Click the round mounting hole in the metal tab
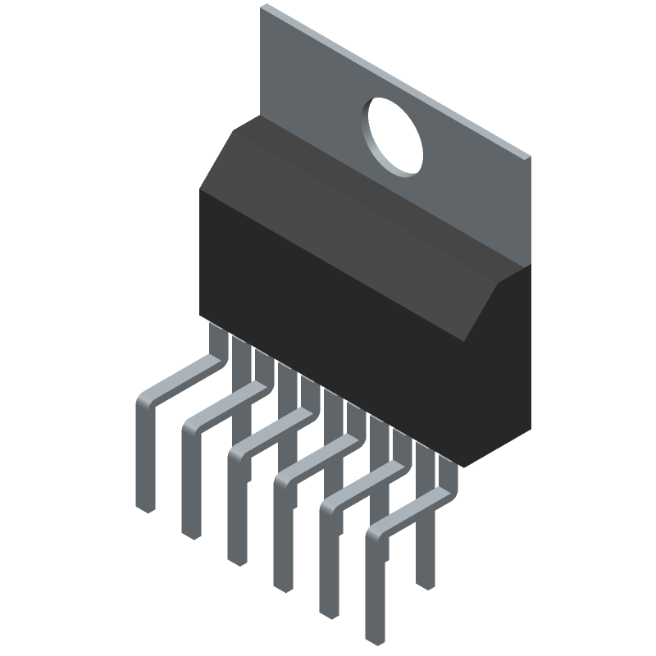(395, 136)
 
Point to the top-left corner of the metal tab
(263, 7)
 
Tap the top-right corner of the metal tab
(530, 157)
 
